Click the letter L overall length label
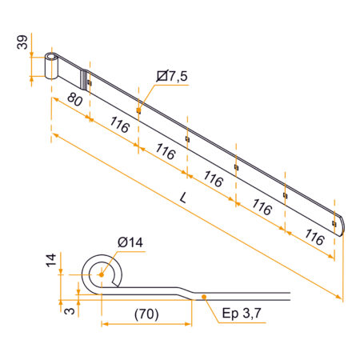184,198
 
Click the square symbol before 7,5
162,76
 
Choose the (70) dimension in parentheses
146,314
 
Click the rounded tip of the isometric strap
342,226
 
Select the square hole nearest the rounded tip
334,223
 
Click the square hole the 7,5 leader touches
138,110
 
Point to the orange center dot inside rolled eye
102,274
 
